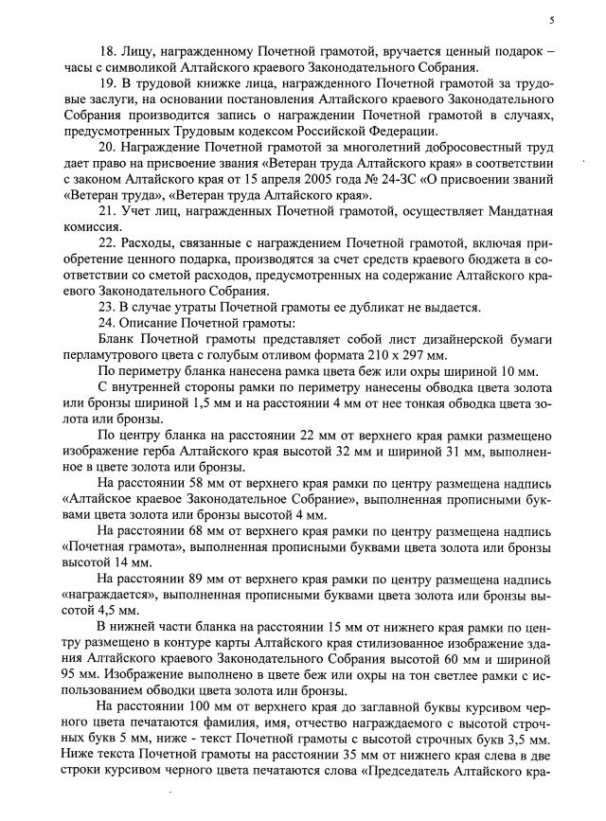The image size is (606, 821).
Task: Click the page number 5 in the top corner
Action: point(551,21)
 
